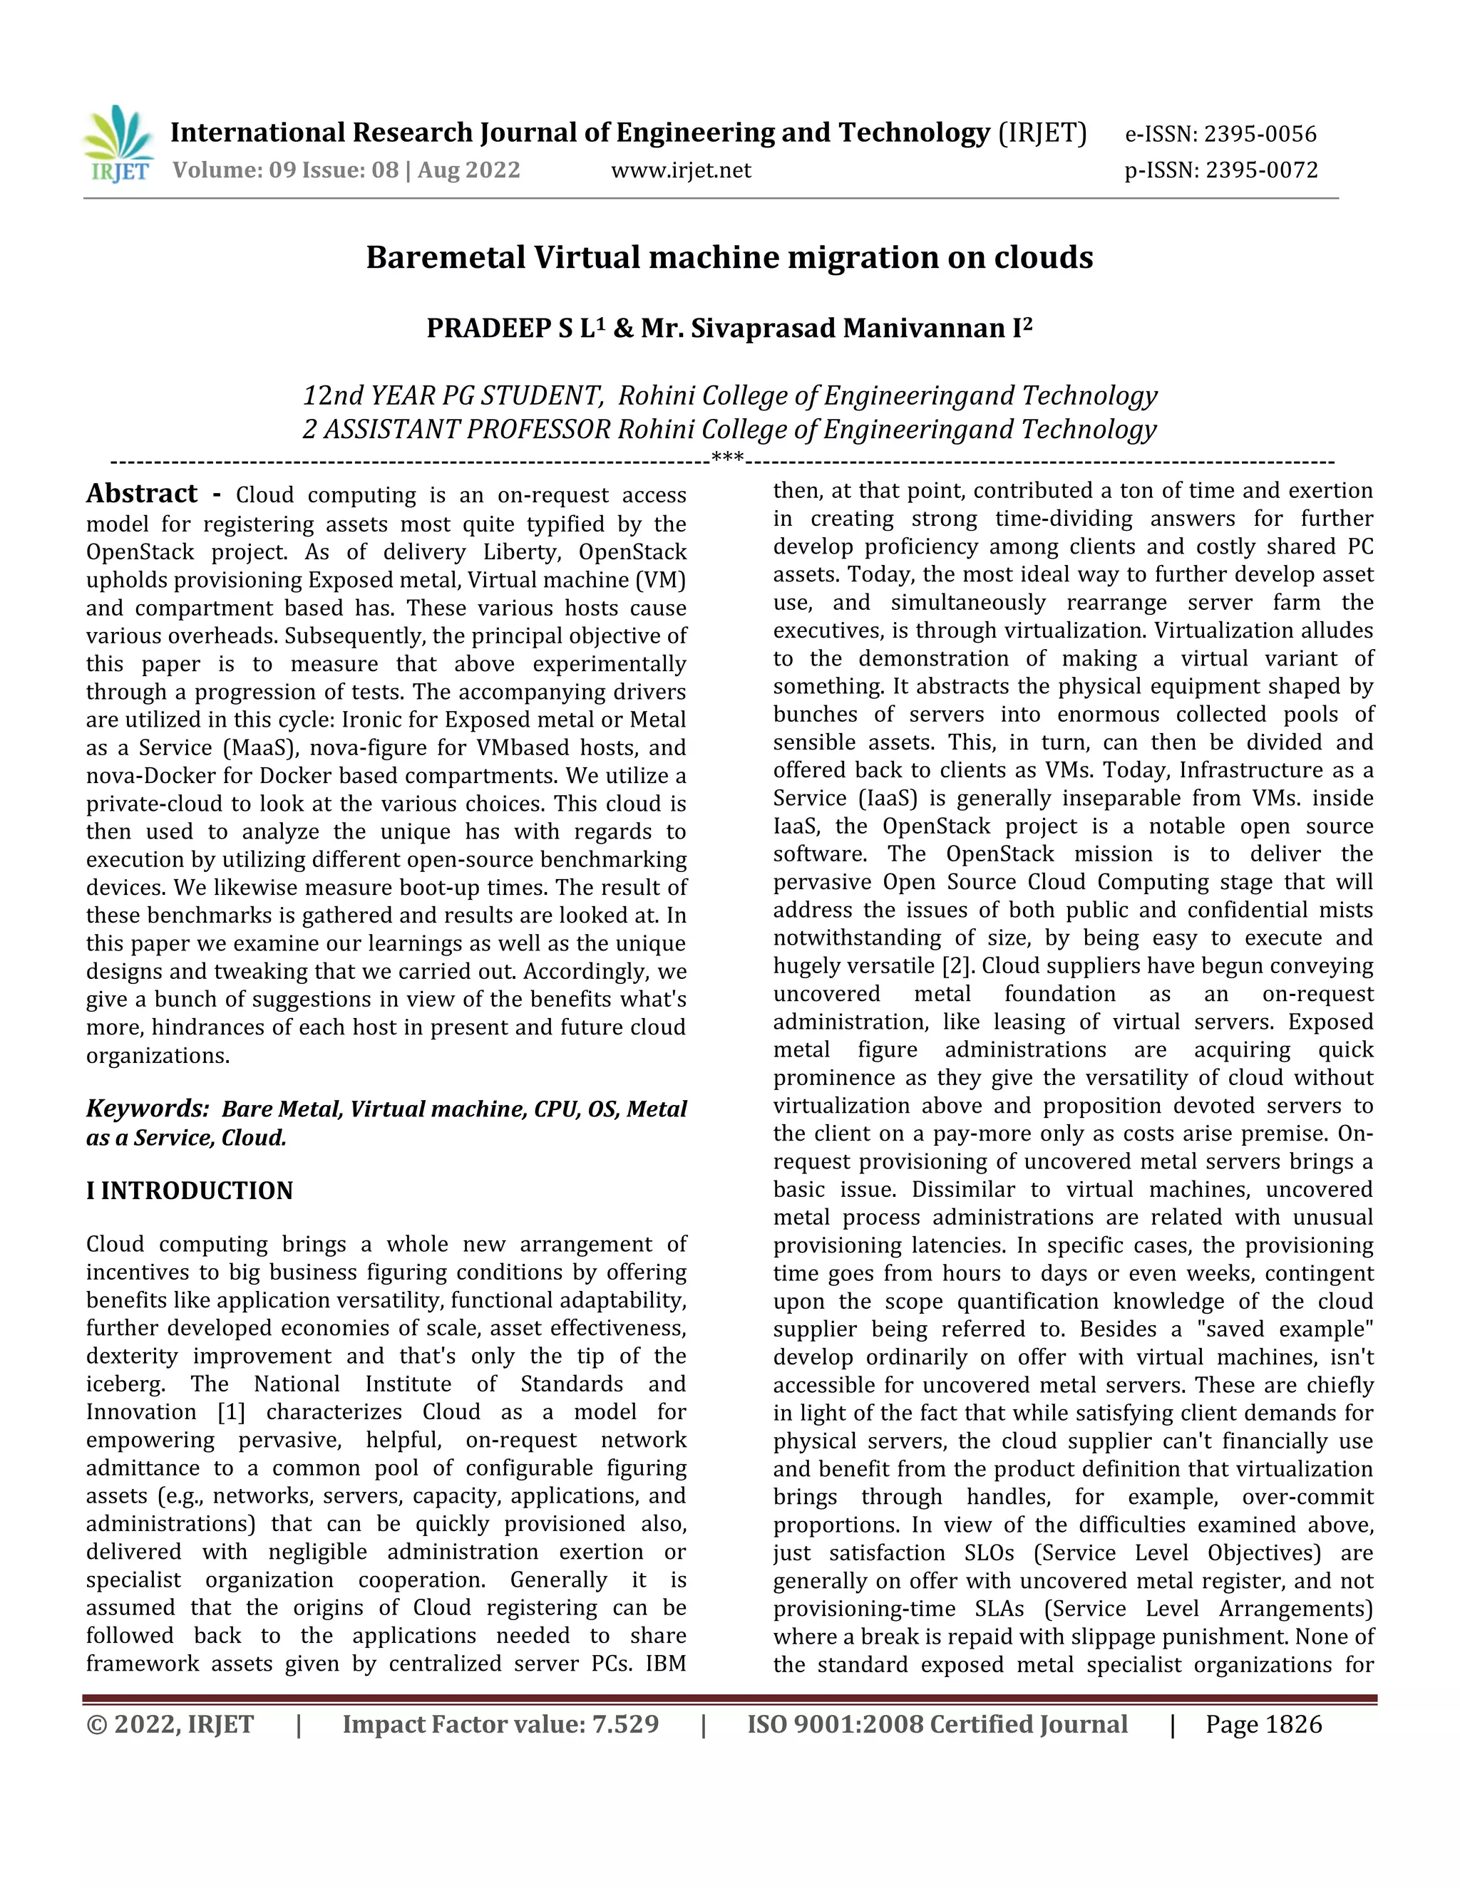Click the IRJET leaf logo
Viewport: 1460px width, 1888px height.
[118, 143]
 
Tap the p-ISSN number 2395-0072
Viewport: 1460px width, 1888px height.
[1261, 170]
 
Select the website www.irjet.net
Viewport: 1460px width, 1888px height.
[681, 170]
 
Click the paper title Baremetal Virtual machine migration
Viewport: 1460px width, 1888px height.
[729, 258]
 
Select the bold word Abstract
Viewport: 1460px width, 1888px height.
[142, 494]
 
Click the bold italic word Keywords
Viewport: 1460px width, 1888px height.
[146, 1109]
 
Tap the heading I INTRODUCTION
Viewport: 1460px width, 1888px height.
[190, 1191]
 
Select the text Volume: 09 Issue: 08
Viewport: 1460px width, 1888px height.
[285, 170]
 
